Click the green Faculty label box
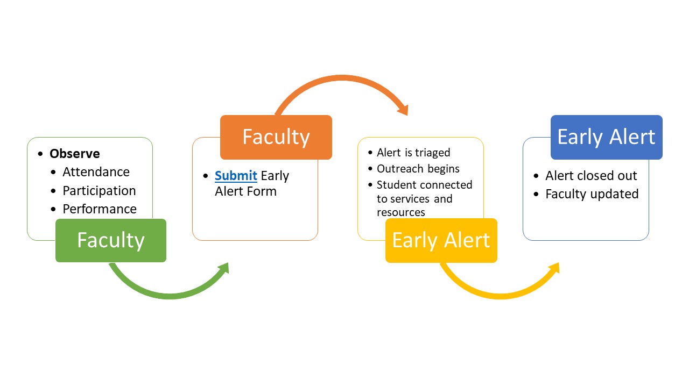point(110,240)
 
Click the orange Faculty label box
point(276,137)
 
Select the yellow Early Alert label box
point(441,240)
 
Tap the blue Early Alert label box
point(606,137)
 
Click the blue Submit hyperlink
point(236,176)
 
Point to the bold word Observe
point(74,154)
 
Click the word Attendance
point(96,172)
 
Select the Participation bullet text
point(99,191)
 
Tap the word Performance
point(99,209)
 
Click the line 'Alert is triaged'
point(413,153)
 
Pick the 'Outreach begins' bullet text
point(418,169)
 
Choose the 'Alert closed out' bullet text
point(591,176)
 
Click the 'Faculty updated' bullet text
point(592,194)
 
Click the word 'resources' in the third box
point(400,212)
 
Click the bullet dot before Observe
point(41,154)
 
